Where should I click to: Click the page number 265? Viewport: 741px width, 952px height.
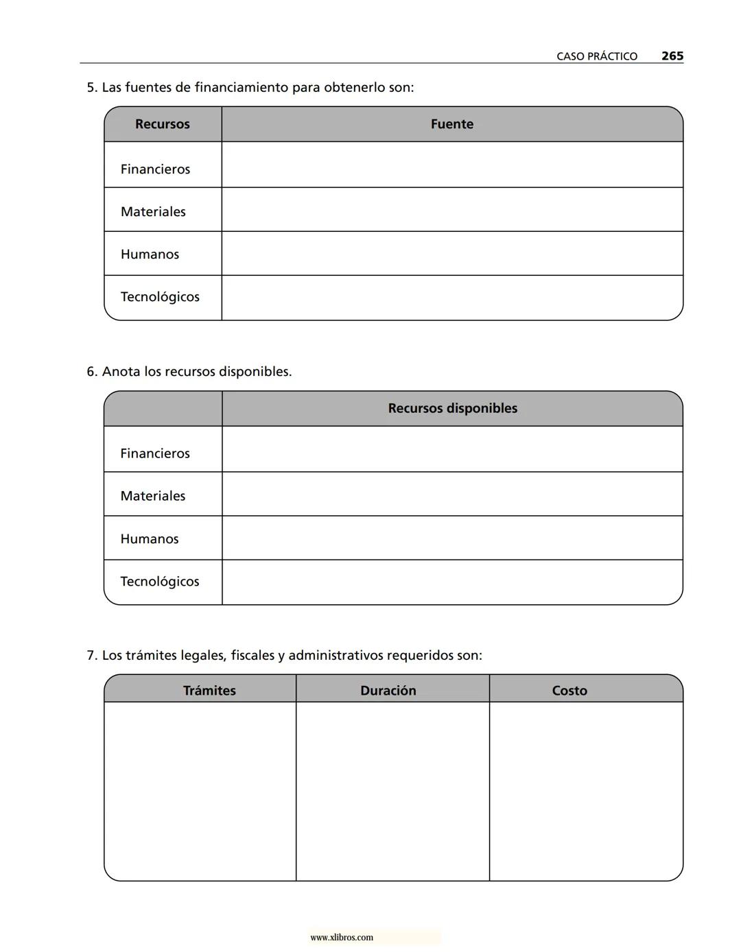pyautogui.click(x=672, y=56)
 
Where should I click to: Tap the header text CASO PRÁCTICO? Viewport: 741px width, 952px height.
pyautogui.click(x=596, y=57)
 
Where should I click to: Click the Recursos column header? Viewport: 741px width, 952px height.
pyautogui.click(x=162, y=124)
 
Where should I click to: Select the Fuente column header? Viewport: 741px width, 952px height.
pyautogui.click(x=451, y=124)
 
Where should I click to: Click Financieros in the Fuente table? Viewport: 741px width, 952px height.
pyautogui.click(x=155, y=169)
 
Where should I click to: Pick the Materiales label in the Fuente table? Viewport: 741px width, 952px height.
pyautogui.click(x=153, y=211)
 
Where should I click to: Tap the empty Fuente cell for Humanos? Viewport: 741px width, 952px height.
pyautogui.click(x=451, y=254)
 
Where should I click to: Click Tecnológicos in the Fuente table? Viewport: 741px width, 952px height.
pyautogui.click(x=160, y=297)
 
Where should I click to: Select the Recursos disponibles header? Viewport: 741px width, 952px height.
pyautogui.click(x=452, y=408)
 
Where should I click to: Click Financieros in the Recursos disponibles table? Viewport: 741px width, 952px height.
pyautogui.click(x=155, y=453)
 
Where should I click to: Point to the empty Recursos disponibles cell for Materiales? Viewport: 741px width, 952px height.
pyautogui.click(x=451, y=495)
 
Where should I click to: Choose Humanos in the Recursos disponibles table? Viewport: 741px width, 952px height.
pyautogui.click(x=150, y=539)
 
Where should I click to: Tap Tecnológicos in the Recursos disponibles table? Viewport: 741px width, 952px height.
pyautogui.click(x=160, y=582)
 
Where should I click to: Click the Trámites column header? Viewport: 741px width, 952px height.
pyautogui.click(x=209, y=691)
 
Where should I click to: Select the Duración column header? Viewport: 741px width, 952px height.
pyautogui.click(x=388, y=691)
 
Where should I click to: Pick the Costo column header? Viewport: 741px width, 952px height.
pyautogui.click(x=569, y=691)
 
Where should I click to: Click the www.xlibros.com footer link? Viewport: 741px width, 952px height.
pyautogui.click(x=342, y=938)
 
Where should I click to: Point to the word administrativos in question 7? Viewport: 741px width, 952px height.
pyautogui.click(x=336, y=656)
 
